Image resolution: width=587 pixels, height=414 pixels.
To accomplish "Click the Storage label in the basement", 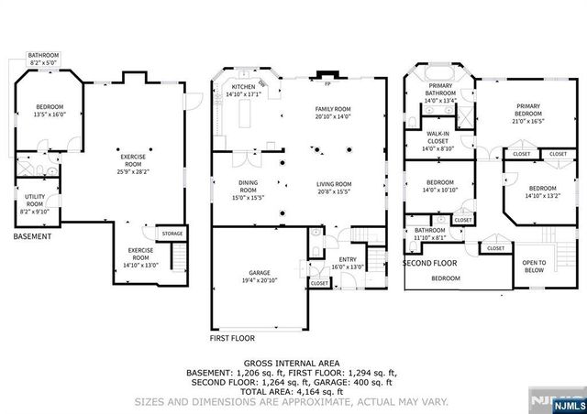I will tap(172, 234).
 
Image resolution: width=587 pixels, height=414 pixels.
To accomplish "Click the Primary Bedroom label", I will tap(528, 112).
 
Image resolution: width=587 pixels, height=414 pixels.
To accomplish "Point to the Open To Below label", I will tap(534, 267).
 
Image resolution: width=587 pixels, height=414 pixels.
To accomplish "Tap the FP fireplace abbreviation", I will tap(327, 82).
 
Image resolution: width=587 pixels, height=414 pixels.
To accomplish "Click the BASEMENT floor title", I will tap(32, 237).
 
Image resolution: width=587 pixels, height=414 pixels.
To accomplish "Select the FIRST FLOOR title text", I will tap(232, 338).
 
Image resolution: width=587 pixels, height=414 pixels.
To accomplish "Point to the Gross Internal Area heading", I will tap(293, 364).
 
